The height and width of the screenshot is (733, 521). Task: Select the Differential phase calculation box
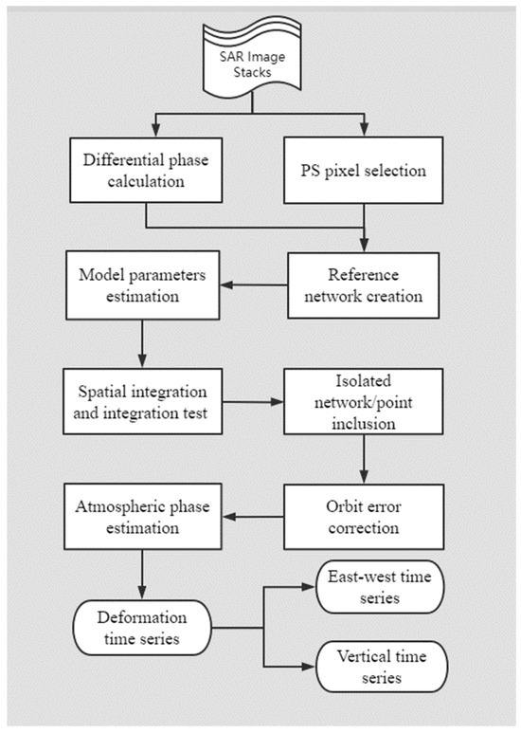pos(144,172)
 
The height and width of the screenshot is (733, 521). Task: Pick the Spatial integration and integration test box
pos(144,400)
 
